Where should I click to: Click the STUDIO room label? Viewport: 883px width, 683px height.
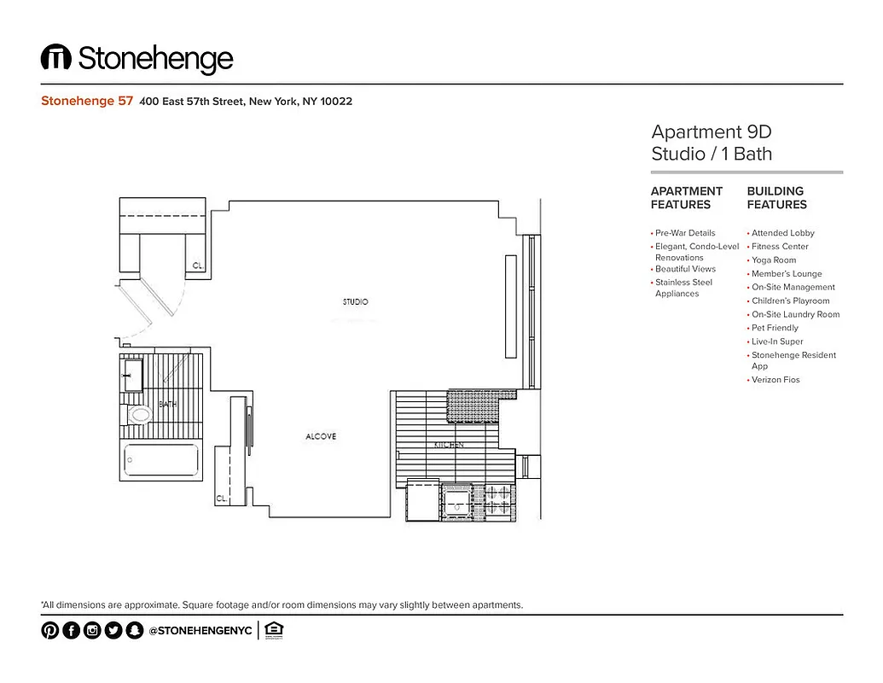(355, 302)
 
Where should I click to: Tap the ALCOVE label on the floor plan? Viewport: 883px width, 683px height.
(321, 437)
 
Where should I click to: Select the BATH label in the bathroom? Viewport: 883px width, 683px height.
(167, 404)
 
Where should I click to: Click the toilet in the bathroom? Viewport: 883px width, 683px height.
(139, 416)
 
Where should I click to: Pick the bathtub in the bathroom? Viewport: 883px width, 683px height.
(161, 464)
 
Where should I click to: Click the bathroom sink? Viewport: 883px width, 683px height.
(134, 375)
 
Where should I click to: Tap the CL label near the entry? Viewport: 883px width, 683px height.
(197, 266)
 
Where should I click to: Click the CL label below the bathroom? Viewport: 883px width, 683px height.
(220, 498)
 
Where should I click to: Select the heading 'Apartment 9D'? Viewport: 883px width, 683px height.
(711, 132)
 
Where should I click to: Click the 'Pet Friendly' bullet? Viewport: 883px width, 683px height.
(775, 328)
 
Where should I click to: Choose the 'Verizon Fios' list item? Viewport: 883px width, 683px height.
(776, 380)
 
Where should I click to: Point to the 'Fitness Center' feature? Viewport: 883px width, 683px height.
(780, 247)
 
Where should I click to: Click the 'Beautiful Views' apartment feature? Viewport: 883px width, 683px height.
(685, 269)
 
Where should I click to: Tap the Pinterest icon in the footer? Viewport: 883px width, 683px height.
(50, 631)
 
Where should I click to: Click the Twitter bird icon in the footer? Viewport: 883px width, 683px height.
(113, 631)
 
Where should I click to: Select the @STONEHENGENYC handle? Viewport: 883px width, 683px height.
(200, 631)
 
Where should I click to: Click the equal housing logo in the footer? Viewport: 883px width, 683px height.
(274, 631)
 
